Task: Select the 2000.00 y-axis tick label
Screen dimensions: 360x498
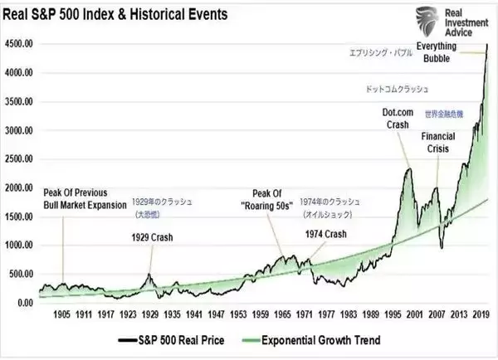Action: [19, 188]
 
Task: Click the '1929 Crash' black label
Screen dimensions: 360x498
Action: [153, 237]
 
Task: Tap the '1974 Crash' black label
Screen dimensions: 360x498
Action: [325, 235]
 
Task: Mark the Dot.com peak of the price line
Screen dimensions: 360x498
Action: [408, 168]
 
